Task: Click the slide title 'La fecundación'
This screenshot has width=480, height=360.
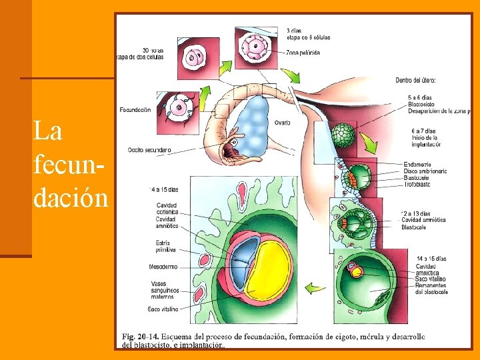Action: [69, 164]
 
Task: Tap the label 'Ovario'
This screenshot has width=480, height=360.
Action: [281, 123]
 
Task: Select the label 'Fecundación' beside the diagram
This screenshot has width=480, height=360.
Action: [135, 109]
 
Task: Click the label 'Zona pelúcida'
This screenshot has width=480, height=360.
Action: [303, 52]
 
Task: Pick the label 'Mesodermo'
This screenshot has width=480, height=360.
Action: [163, 267]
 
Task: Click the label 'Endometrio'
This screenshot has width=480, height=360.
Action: [417, 164]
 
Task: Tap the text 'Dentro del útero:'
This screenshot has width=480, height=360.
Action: [416, 81]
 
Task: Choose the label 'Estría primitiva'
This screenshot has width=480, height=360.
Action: [166, 246]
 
